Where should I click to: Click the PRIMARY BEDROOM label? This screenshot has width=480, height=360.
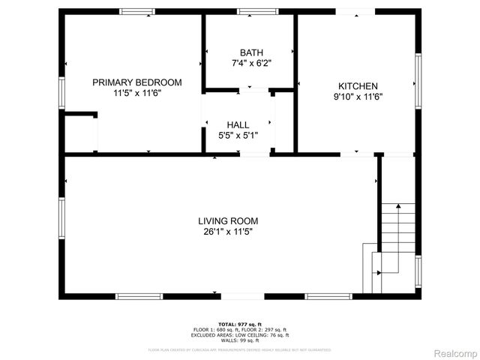coord(137,82)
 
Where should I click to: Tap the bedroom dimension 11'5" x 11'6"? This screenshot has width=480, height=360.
coord(137,94)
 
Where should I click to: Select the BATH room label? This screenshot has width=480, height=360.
coord(251,52)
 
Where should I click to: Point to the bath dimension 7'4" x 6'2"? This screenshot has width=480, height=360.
coord(251,64)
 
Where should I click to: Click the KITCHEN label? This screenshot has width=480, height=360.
coord(357,86)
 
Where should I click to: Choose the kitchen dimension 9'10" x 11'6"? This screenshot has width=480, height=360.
coord(357,97)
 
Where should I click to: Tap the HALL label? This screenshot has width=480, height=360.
coord(238,124)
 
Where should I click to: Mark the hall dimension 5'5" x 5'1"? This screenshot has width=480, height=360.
coord(238,136)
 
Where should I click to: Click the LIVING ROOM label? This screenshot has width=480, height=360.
coord(228,221)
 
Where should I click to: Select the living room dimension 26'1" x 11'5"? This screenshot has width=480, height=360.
coord(228,232)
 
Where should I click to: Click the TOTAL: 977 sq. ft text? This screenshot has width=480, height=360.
coord(240,322)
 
